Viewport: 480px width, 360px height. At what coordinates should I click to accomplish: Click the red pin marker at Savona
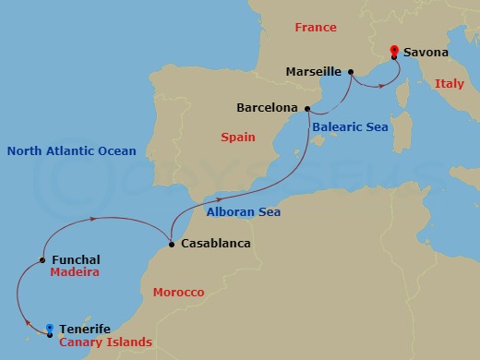coord(394,52)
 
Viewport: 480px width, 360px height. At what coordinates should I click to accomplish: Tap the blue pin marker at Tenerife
coord(49,329)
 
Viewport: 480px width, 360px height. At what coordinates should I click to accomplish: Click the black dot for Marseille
coord(351,71)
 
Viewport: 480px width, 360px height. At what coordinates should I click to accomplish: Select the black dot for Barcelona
coord(306,108)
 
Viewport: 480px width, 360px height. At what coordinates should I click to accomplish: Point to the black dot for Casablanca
coord(171,245)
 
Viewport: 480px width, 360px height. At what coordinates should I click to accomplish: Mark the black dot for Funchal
coord(42,260)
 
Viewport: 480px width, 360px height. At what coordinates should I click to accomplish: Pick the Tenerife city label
coord(85,329)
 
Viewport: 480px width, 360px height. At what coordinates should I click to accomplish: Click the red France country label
coord(316,28)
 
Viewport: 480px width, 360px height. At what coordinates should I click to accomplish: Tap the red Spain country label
coord(238,138)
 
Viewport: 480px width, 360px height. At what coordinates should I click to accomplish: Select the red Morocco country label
coord(177,293)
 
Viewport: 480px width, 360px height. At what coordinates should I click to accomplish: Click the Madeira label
coord(76,273)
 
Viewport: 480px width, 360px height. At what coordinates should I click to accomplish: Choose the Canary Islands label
coord(105,342)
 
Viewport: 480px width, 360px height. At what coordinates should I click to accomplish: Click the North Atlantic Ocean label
coord(71,151)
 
